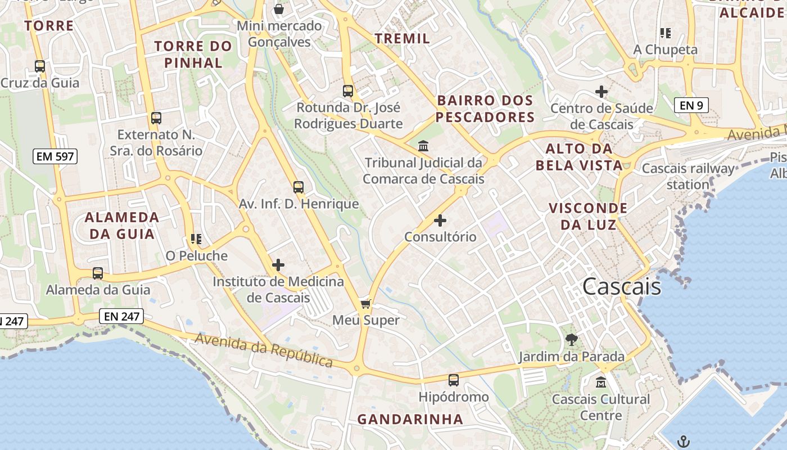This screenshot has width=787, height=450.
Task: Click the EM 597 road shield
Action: point(55,156)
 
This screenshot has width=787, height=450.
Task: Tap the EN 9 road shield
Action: point(691,105)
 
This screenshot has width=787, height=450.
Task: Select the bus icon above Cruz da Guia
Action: point(39,66)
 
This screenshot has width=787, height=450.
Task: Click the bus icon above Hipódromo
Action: point(454,380)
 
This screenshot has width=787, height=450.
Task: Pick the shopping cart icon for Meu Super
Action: point(365,304)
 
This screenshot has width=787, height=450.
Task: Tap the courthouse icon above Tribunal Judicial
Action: point(423,146)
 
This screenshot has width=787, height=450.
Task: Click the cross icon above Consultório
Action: point(440,220)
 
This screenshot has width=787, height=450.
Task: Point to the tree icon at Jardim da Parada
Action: point(572,339)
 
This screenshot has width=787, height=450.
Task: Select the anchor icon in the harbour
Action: point(684,441)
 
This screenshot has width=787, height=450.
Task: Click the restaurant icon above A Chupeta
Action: point(666,33)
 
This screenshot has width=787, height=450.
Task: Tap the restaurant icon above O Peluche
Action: point(196,239)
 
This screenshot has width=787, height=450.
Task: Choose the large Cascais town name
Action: point(622,287)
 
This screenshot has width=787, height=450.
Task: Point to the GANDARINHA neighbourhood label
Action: point(410,419)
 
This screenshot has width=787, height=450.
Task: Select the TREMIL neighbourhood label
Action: point(402,38)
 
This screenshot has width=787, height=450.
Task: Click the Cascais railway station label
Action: point(688,176)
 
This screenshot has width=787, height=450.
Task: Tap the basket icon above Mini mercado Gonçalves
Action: point(278,9)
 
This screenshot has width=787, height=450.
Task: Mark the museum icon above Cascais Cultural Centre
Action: point(601,382)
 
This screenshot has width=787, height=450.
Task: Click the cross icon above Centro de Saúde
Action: point(601,91)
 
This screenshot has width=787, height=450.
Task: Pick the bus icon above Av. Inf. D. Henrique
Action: point(298,187)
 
